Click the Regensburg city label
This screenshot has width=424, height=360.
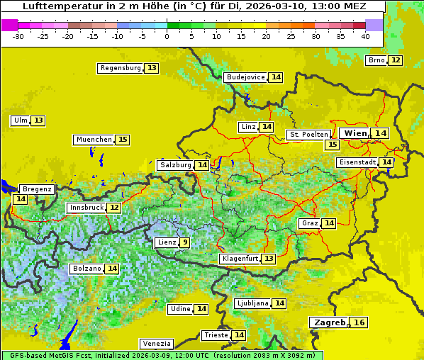121,68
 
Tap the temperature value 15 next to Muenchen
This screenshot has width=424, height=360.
123,140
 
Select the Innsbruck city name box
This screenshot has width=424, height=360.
85,208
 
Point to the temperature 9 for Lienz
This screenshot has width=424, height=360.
184,242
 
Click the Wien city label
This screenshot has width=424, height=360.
356,133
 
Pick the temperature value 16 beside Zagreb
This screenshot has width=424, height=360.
359,322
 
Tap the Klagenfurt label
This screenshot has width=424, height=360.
239,259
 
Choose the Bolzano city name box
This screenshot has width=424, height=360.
87,269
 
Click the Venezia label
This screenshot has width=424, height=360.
156,343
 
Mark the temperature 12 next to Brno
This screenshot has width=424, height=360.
395,60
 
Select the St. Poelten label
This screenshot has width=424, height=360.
308,134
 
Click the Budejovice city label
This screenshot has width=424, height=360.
245,77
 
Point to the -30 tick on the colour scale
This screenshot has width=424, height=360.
18,35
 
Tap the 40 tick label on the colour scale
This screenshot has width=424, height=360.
365,35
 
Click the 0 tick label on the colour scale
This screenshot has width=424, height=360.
167,35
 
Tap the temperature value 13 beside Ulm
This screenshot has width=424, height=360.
38,120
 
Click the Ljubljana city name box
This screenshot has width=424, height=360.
252,303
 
